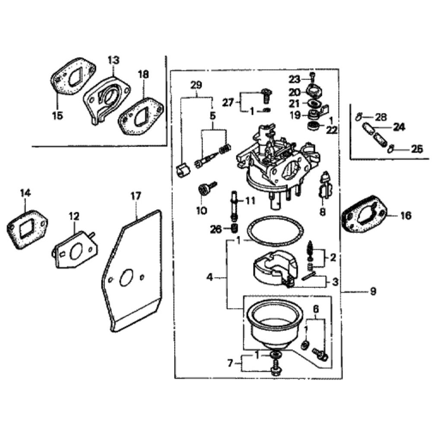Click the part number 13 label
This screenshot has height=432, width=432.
pos(113,60)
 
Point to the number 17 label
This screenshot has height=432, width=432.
pos(136,196)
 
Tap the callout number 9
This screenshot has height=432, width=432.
pos(373,292)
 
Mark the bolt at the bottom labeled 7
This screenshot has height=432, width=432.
pos(273,369)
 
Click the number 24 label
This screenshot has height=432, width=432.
pos(399,128)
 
